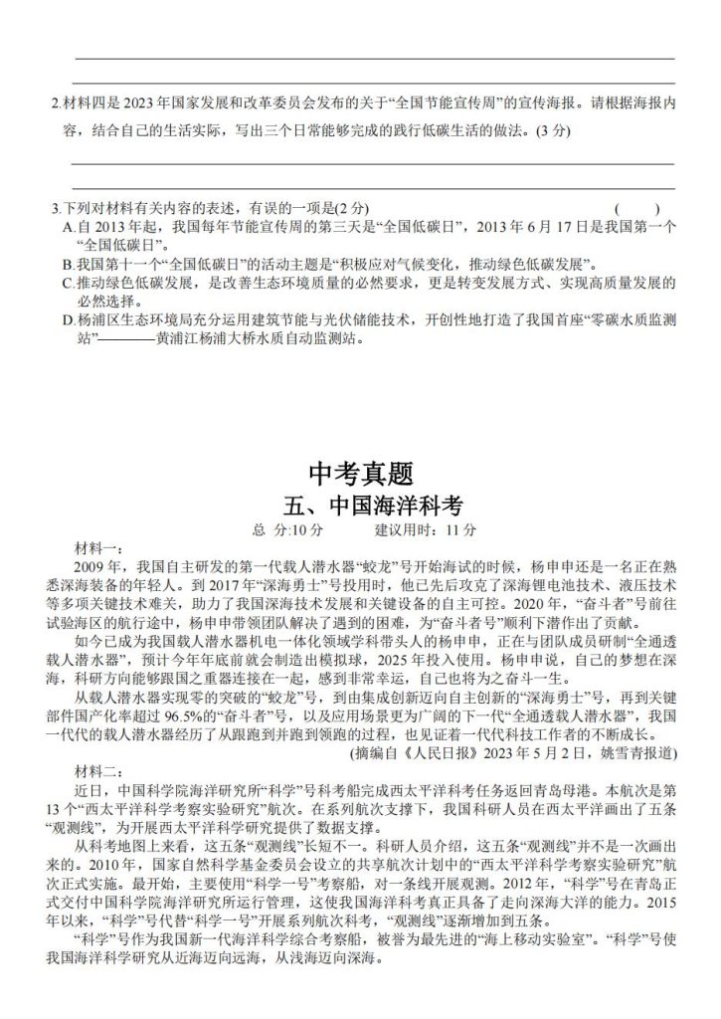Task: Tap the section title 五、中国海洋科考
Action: point(360,504)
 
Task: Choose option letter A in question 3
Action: point(67,228)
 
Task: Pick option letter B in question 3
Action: point(67,265)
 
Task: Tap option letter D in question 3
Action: point(67,320)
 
